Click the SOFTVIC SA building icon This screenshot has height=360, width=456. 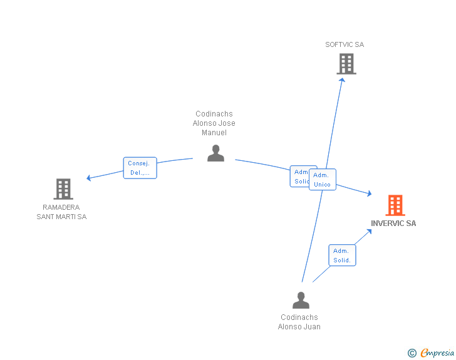point(346,64)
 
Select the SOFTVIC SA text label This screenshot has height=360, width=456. point(344,44)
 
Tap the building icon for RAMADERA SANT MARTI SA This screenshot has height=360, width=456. point(63,188)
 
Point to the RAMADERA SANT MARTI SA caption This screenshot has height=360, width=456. point(61,212)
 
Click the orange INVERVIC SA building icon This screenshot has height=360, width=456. point(395,205)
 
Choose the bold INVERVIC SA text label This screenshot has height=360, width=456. point(393,224)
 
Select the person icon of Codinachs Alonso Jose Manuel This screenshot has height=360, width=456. point(215,153)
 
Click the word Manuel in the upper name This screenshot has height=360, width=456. point(214,133)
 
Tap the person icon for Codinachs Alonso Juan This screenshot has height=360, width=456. point(301,301)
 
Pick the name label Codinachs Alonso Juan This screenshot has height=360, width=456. point(299,322)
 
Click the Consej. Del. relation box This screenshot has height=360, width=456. point(140,168)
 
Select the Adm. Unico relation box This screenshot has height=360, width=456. point(323,180)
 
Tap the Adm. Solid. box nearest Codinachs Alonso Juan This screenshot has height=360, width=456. point(342,255)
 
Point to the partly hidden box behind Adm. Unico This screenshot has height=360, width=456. point(299,177)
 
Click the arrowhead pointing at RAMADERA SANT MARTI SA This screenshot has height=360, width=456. point(89,178)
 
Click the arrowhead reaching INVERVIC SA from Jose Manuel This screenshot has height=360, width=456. point(370,195)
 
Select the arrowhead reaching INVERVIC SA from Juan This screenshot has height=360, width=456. point(370,231)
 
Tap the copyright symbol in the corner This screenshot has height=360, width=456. point(412,353)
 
